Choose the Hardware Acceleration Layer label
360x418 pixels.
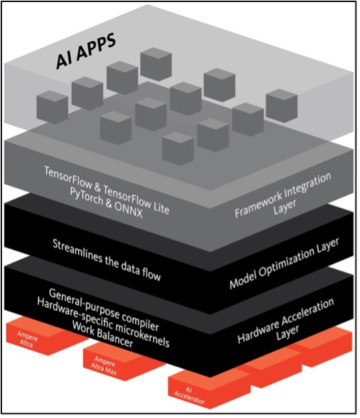(287, 318)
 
